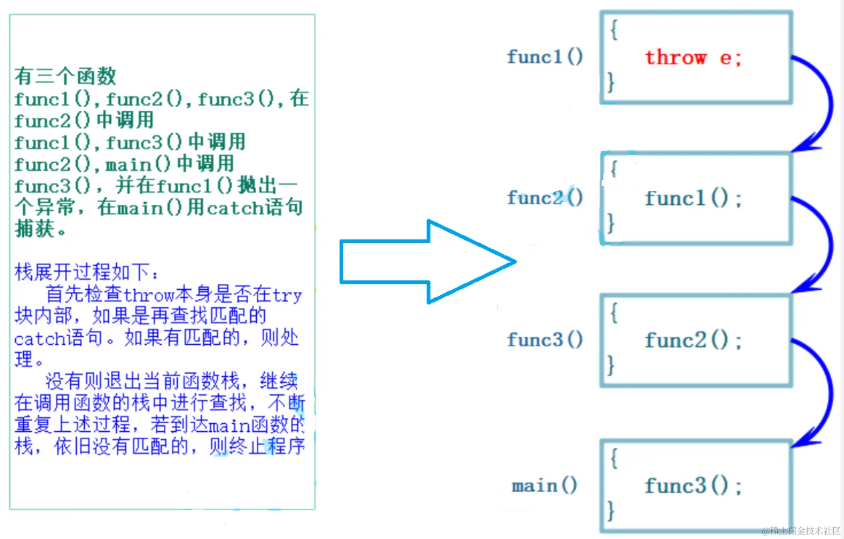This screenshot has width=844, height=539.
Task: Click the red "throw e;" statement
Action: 693,58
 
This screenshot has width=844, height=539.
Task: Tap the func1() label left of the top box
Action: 545,57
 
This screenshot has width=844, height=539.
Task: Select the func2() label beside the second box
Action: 545,198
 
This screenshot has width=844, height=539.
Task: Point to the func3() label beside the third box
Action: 545,340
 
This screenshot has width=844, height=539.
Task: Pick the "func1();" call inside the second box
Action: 693,199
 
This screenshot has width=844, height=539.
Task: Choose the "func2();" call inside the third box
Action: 693,341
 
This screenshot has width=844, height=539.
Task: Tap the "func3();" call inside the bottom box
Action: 693,486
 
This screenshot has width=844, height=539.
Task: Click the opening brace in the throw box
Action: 614,30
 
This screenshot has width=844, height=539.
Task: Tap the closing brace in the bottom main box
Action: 611,510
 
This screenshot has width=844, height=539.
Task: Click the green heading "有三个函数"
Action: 65,76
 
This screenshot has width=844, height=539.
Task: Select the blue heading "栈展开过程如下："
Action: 87,272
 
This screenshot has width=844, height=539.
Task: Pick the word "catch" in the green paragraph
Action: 235,208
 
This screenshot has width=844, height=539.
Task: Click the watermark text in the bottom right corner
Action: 801,531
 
